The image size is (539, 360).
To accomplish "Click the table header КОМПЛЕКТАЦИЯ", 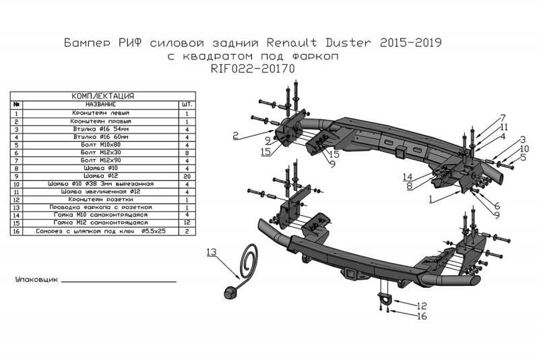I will tap(102, 96).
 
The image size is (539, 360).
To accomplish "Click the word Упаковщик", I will tap(35, 278).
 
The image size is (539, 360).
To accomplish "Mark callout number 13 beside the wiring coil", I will tap(212, 252).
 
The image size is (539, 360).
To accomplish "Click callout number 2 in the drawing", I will tap(236, 136).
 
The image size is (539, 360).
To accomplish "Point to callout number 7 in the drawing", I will tap(502, 117).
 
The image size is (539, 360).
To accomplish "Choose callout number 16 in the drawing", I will tap(422, 316).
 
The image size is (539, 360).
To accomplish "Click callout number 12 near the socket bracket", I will tap(422, 305).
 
